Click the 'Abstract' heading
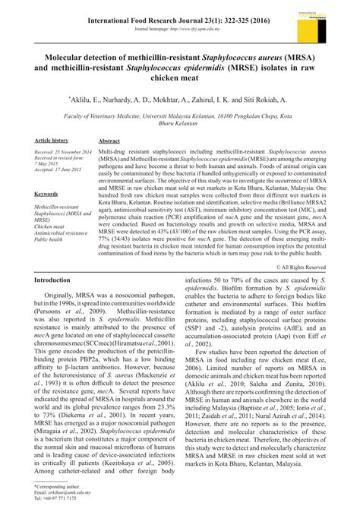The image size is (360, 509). pos(109,141)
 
